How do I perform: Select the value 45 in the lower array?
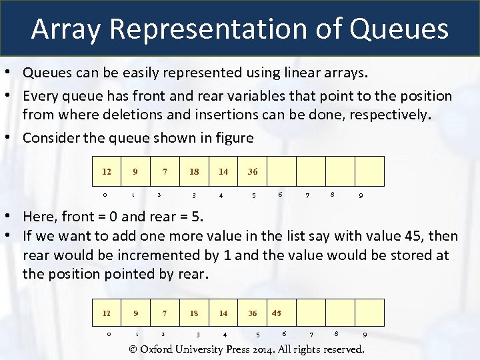277,313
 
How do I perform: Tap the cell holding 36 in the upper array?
253,171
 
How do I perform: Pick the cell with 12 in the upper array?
107,171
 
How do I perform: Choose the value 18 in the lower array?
194,313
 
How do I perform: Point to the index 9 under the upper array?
361,195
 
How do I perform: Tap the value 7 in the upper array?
165,171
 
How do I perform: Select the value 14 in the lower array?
223,313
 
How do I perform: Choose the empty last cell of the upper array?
369,171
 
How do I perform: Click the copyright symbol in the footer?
132,349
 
